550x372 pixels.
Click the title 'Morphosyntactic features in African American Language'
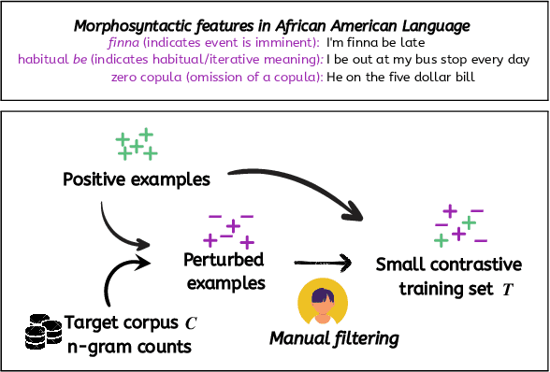pos(274,22)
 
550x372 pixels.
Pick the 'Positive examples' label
pos(137,179)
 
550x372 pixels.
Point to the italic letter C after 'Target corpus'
pos(191,324)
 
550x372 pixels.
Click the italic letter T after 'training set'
pos(507,290)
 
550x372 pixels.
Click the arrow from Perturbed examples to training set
pos(324,265)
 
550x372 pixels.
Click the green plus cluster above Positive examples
pos(137,145)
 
